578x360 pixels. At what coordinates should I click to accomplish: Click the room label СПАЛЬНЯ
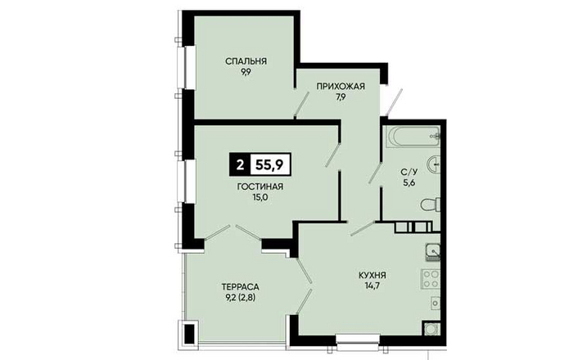[246, 61]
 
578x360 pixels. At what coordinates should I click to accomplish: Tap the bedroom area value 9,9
[246, 72]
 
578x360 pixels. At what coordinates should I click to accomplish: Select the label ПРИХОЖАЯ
[341, 86]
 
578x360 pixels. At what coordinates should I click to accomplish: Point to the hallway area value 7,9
[341, 97]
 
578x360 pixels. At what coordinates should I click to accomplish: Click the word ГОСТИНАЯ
[260, 187]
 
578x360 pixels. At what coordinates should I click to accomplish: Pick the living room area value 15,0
[260, 197]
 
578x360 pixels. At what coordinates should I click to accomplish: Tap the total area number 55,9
[270, 164]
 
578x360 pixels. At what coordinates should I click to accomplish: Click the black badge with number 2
[240, 164]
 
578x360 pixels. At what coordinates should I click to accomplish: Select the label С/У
[409, 171]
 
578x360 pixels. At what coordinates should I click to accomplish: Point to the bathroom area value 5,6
[409, 182]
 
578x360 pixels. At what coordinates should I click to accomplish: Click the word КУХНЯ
[373, 275]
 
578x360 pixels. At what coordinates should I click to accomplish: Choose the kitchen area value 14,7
[373, 286]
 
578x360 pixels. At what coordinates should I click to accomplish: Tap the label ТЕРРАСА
[241, 286]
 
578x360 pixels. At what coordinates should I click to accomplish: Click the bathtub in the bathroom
[412, 137]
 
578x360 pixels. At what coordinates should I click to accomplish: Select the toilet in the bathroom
[431, 205]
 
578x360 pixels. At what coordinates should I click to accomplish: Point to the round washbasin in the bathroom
[434, 164]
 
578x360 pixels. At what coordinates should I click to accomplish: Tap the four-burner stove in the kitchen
[431, 278]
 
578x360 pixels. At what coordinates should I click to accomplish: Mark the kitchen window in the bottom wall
[358, 339]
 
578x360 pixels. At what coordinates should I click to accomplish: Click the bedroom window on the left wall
[189, 67]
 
